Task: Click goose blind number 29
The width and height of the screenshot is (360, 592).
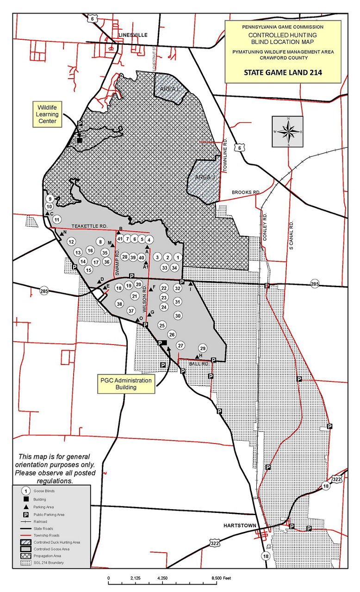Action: (202, 348)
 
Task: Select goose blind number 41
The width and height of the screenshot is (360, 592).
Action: (119, 239)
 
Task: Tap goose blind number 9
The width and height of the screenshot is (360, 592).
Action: (50, 199)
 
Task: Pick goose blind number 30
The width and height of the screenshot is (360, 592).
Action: (178, 315)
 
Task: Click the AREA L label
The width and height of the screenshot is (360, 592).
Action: (169, 88)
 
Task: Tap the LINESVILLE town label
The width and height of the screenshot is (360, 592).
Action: (132, 35)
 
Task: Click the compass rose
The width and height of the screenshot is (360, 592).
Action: (288, 131)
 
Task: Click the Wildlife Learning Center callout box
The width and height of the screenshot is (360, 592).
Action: (47, 114)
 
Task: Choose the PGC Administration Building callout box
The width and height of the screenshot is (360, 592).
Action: (126, 384)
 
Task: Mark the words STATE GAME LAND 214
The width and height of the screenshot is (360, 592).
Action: (283, 72)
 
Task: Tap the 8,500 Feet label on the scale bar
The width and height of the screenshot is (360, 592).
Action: (220, 578)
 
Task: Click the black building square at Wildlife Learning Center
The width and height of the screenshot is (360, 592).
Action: (80, 140)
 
